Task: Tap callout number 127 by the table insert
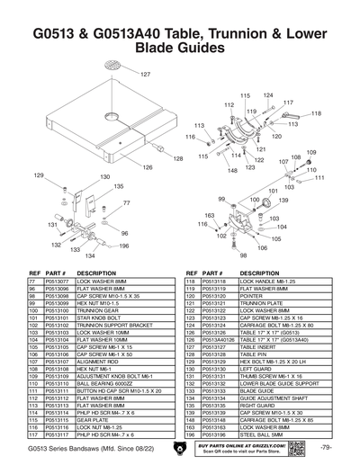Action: click(x=145, y=74)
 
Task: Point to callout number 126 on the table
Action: click(x=147, y=167)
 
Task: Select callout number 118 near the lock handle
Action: click(x=317, y=113)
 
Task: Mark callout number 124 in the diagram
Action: click(x=268, y=94)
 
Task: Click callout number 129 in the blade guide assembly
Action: click(x=39, y=174)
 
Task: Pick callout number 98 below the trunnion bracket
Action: click(x=242, y=255)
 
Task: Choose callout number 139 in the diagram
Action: click(x=283, y=201)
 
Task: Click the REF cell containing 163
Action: click(x=190, y=427)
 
